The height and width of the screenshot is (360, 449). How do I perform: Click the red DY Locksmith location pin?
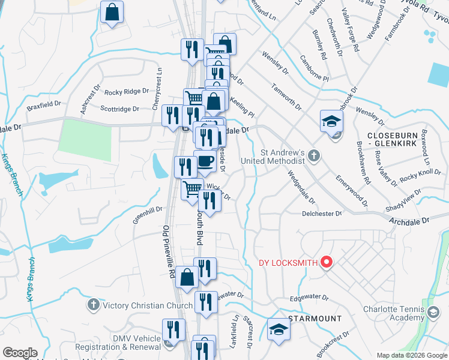[327, 262]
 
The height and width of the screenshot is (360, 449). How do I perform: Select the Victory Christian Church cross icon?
[93, 305]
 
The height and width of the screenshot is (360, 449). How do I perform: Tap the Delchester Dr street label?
[322, 213]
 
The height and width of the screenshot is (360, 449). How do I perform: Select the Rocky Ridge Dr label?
[126, 92]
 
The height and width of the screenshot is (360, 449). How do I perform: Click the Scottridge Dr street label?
[119, 109]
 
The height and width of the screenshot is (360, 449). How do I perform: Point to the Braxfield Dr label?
[44, 106]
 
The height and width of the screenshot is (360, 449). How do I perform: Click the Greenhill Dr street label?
[148, 214]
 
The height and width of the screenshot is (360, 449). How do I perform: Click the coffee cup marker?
[205, 160]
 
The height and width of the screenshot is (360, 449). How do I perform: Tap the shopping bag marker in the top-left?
[112, 12]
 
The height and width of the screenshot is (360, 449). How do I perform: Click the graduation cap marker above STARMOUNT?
[277, 329]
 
